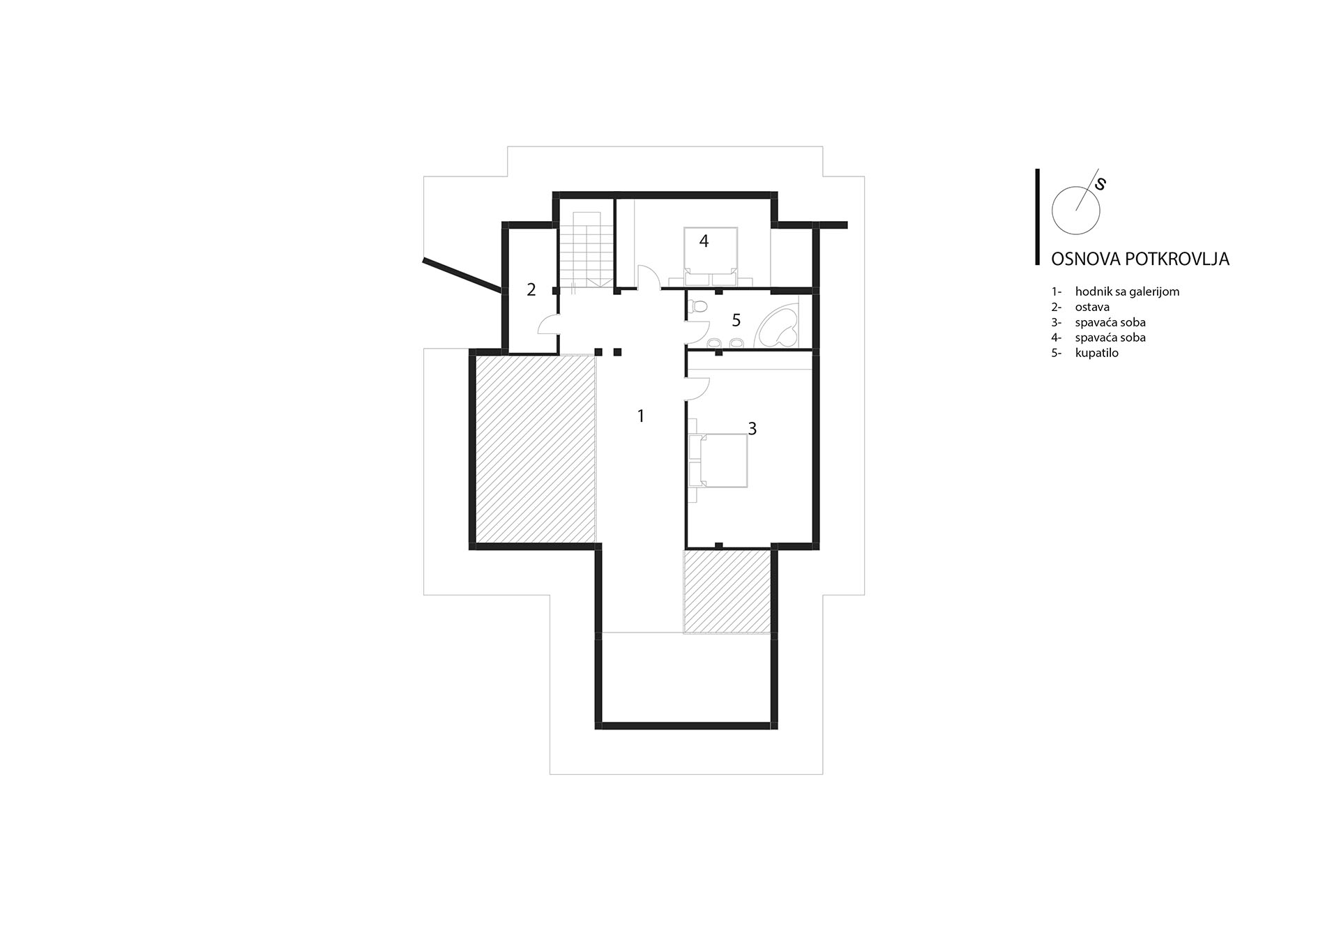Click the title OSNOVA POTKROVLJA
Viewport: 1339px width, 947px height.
tap(1140, 259)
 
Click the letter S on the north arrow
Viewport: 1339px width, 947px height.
tap(1100, 184)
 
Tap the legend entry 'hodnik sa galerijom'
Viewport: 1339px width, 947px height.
tap(1127, 291)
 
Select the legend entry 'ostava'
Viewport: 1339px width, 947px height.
tap(1092, 307)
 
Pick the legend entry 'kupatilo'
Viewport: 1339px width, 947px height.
tap(1096, 353)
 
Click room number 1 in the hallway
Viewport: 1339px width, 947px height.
tap(640, 416)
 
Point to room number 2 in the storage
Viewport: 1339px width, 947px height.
tap(531, 289)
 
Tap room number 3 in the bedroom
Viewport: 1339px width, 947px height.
tap(752, 429)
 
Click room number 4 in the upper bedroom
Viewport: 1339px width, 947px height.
tap(704, 241)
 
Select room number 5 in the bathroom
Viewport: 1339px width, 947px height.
tap(736, 320)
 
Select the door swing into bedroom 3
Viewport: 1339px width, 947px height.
tap(697, 388)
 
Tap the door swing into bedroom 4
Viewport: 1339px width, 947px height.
tap(648, 277)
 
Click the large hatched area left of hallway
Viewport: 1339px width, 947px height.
tap(536, 448)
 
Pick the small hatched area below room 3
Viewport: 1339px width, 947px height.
tap(727, 591)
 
